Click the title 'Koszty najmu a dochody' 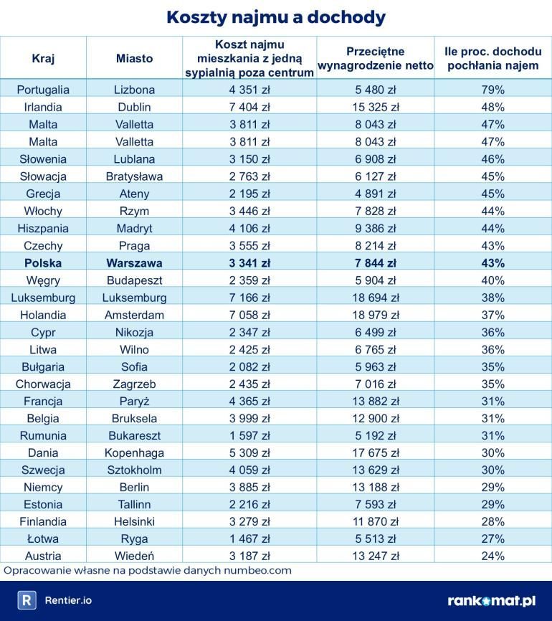(276, 17)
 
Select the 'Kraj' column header (43, 58)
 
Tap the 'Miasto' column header (134, 58)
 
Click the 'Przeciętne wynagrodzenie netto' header (376, 58)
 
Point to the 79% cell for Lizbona (493, 90)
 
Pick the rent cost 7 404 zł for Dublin (249, 107)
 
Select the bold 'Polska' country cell (43, 262)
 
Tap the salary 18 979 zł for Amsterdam (376, 315)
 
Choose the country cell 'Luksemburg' (43, 298)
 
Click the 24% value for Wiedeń (493, 556)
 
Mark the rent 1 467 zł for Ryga (249, 539)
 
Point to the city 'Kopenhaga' (134, 452)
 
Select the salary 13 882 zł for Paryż (376, 401)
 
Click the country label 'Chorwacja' (43, 384)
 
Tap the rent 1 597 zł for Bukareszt (249, 435)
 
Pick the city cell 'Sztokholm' (134, 470)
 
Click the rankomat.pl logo (491, 601)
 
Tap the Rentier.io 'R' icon (27, 601)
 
